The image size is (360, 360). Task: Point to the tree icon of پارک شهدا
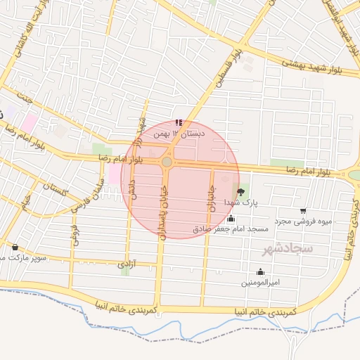(242, 190)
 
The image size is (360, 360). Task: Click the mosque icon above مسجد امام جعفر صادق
(231, 219)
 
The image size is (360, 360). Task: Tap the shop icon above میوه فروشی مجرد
(303, 210)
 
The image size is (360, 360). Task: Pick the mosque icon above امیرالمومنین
(261, 272)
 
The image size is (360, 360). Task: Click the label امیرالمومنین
(261, 283)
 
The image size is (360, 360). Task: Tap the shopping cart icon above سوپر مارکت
(15, 247)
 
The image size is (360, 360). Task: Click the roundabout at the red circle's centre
(167, 162)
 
